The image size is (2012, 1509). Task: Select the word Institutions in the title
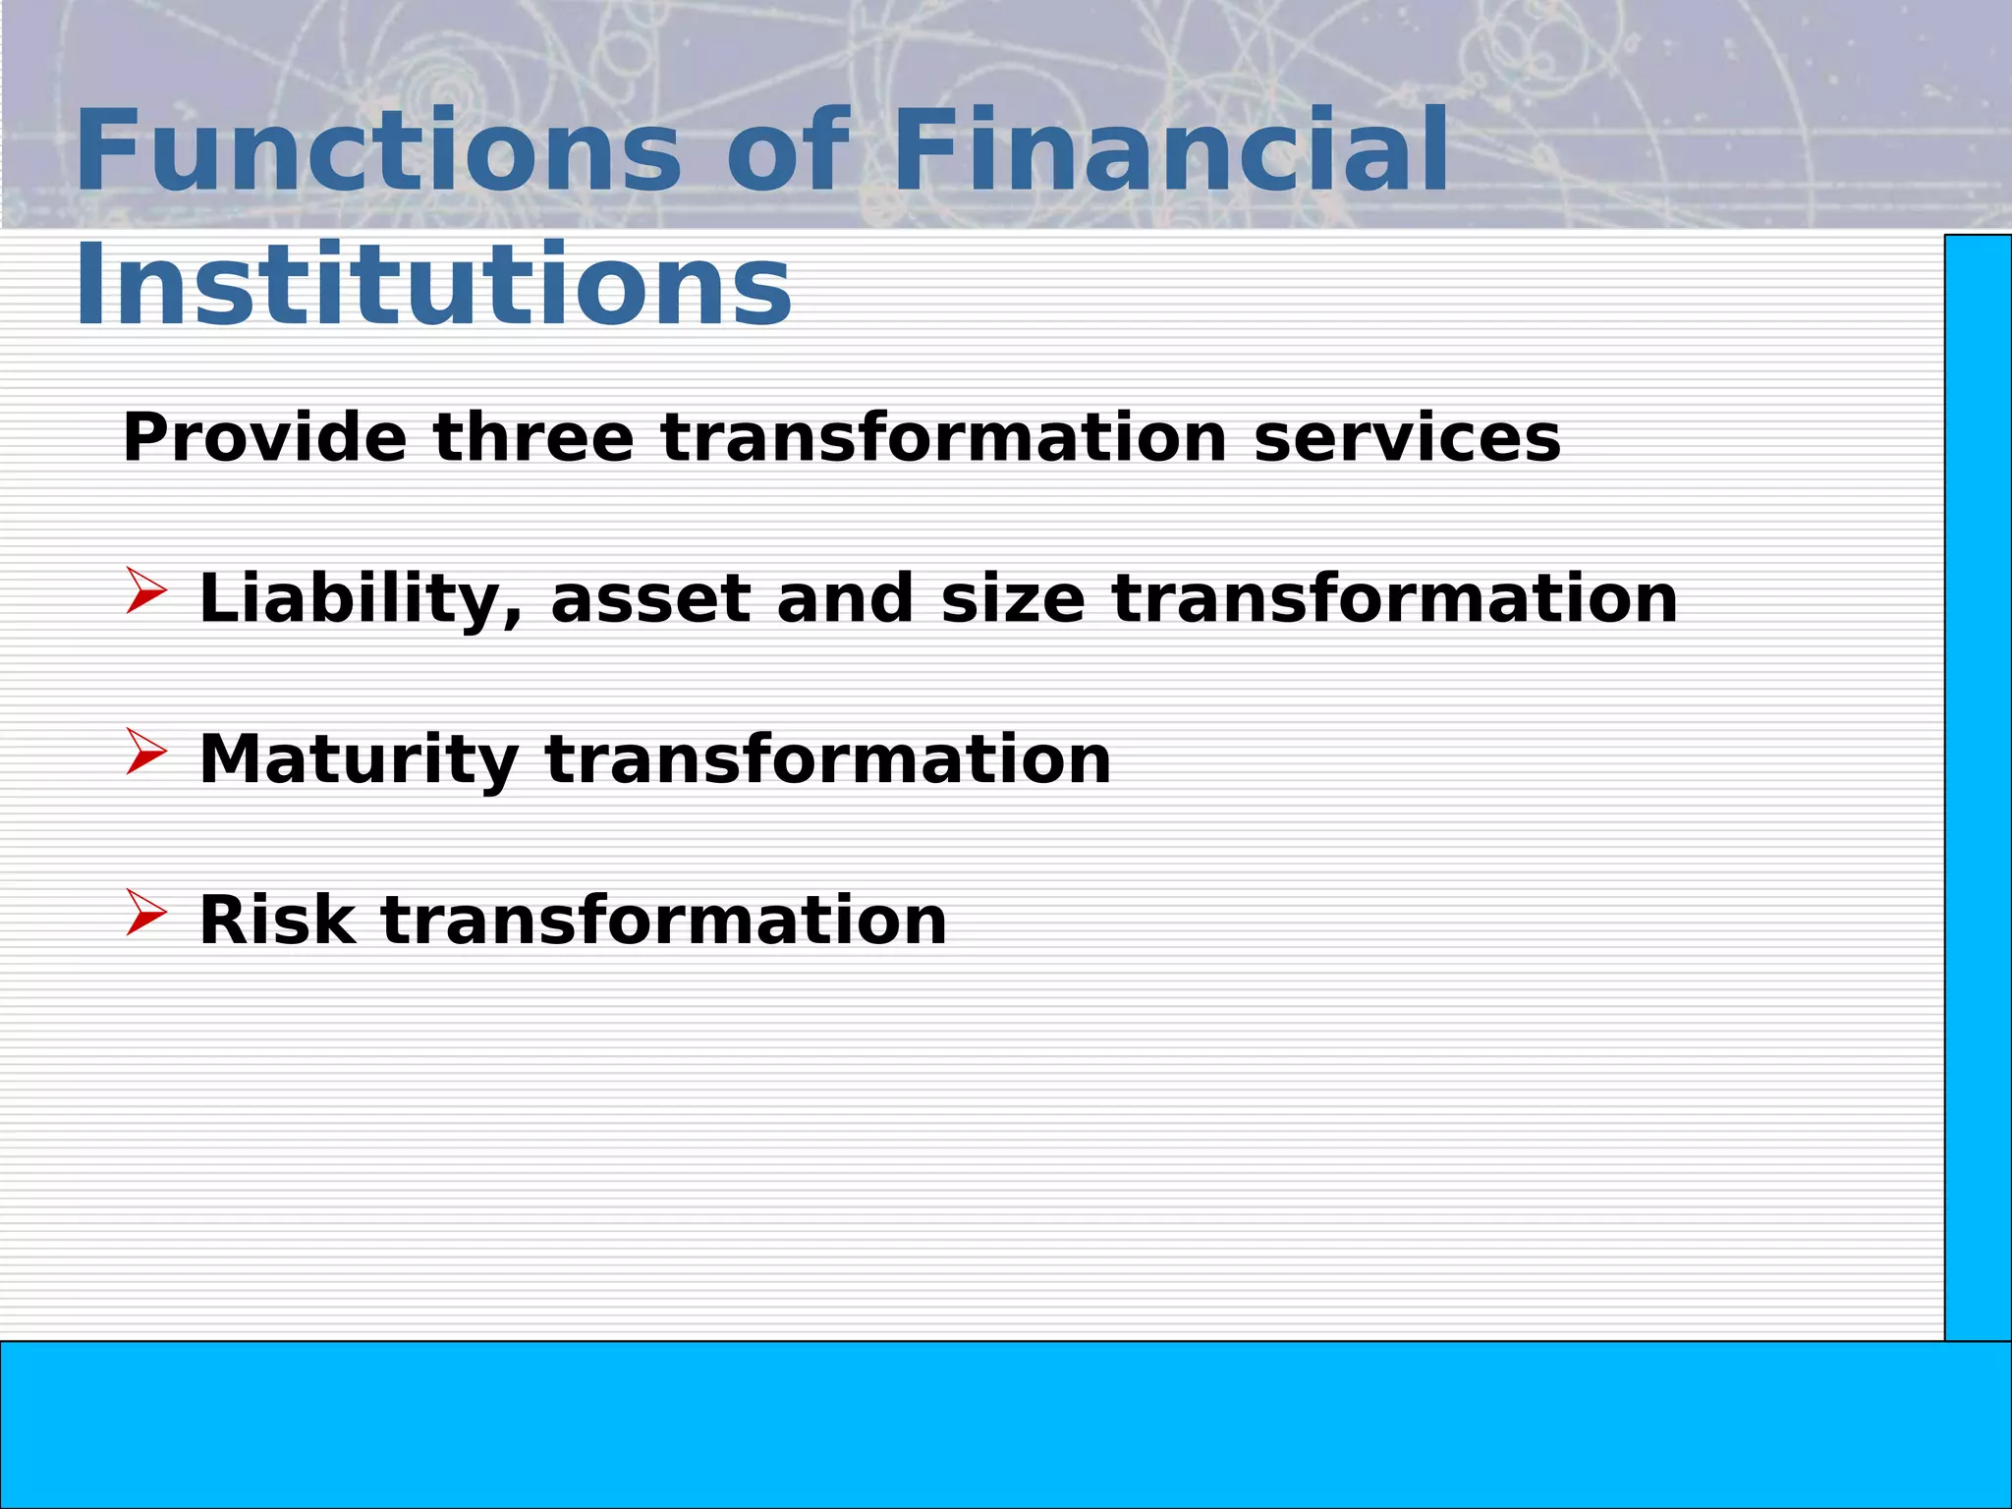[x=433, y=285]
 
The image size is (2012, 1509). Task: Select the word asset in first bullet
[x=650, y=599]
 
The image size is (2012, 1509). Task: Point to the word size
[x=1012, y=599]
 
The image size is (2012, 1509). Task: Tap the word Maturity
[x=359, y=759]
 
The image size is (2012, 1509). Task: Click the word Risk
[x=277, y=921]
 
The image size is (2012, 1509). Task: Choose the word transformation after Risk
[x=664, y=921]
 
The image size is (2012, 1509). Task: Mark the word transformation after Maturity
[x=828, y=759]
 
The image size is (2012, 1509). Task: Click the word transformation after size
[x=1395, y=599]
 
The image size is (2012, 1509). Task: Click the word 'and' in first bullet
[x=844, y=599]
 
